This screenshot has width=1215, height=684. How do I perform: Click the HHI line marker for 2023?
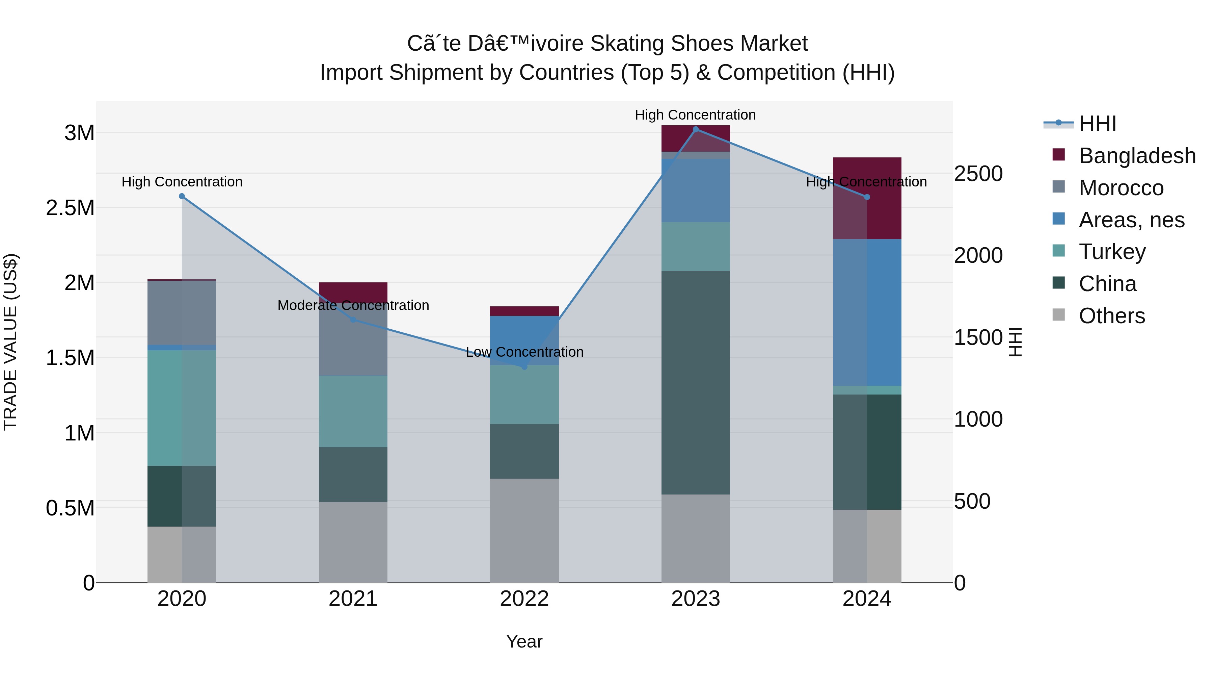(695, 129)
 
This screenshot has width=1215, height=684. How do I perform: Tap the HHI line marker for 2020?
(182, 196)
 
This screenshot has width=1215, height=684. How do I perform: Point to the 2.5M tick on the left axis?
(70, 208)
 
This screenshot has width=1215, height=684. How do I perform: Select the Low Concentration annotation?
(524, 352)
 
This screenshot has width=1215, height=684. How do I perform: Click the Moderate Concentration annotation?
(353, 305)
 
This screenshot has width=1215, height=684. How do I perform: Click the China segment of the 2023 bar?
(695, 382)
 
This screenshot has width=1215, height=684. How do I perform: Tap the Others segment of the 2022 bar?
(524, 531)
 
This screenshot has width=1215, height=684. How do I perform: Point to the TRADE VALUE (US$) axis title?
(10, 342)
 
